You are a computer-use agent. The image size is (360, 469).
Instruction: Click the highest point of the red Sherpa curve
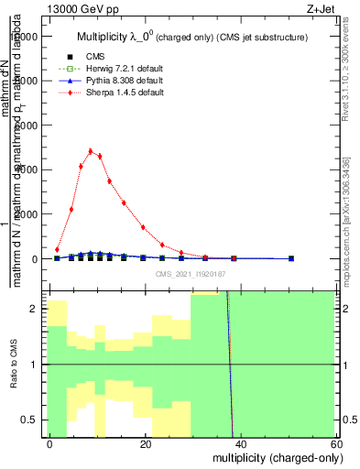click(x=91, y=151)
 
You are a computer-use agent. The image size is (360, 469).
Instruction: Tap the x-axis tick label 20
click(x=146, y=443)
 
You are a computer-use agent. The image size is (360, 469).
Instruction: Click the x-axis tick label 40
click(x=241, y=443)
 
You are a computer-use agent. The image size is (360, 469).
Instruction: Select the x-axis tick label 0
click(x=50, y=443)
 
